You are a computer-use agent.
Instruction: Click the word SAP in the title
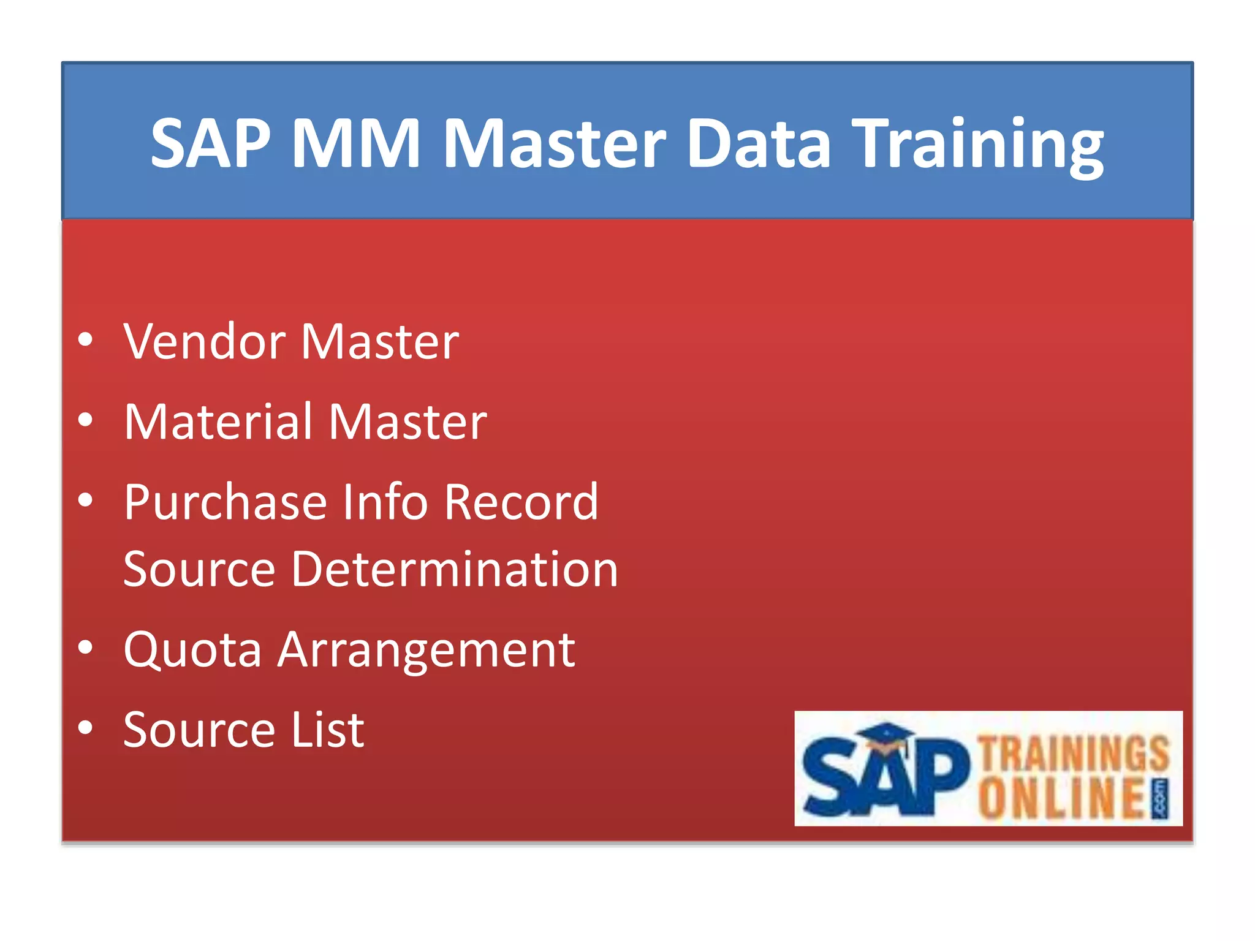tap(211, 144)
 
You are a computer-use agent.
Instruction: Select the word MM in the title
tap(356, 144)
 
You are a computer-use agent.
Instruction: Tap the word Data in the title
tap(759, 144)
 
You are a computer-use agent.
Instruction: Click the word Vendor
tap(204, 341)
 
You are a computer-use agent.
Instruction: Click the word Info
tap(385, 502)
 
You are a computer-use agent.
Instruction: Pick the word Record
tap(521, 502)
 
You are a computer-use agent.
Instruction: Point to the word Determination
tap(455, 569)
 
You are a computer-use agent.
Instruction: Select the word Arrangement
tap(427, 651)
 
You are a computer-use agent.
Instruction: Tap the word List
tap(328, 730)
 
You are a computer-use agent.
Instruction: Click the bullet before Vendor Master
tap(86, 340)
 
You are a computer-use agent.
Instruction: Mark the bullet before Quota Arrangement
tap(86, 648)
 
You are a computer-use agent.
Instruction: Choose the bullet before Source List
tap(86, 728)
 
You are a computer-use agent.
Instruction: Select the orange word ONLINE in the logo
tap(1062, 798)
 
